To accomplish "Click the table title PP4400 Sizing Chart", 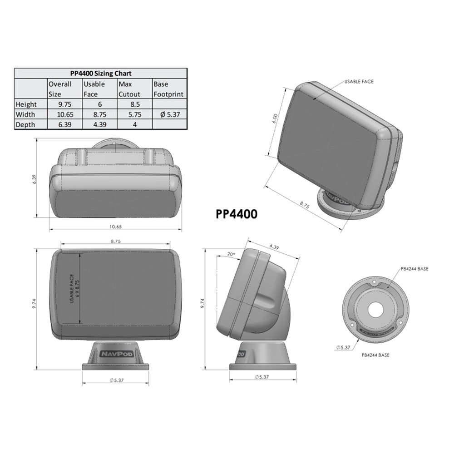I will (x=100, y=73).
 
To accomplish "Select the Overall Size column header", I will (x=60, y=89).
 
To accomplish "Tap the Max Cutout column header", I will (x=129, y=89).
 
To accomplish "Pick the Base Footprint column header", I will (x=168, y=89).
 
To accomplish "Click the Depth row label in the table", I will (x=25, y=124).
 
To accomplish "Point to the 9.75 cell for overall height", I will (x=64, y=104).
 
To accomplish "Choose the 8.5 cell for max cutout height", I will (x=134, y=104).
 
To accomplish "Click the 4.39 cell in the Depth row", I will (x=99, y=124).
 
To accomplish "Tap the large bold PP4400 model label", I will (x=236, y=214).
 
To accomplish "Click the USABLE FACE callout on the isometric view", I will (x=359, y=82).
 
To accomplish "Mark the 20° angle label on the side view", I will (x=231, y=255).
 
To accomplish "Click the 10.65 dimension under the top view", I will (x=115, y=226).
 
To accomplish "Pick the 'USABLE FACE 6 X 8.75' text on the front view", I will (x=74, y=289).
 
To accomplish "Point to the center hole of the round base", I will (x=375, y=310).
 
